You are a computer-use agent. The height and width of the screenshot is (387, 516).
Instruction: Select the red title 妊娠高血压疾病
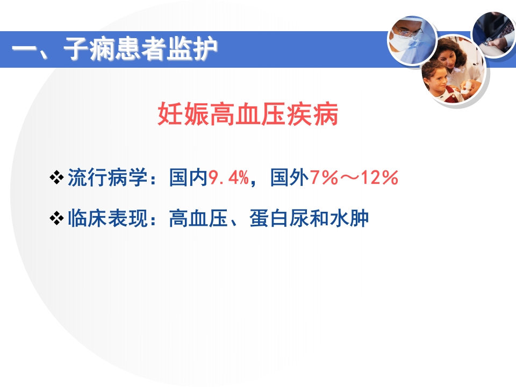pyautogui.click(x=248, y=115)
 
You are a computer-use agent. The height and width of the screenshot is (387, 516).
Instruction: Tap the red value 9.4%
pyautogui.click(x=228, y=178)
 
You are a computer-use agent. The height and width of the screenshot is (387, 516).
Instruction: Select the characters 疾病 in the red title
pyautogui.click(x=320, y=115)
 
